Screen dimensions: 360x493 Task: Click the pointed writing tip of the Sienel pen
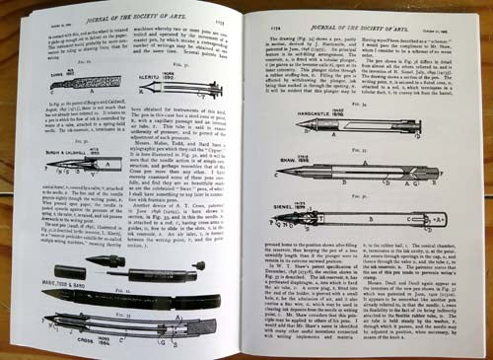coord(277,220)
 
